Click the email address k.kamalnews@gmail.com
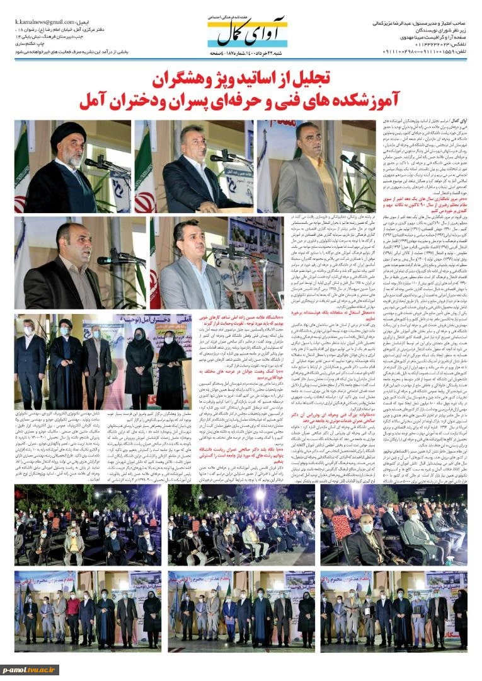(45, 22)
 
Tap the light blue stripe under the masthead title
(252, 45)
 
